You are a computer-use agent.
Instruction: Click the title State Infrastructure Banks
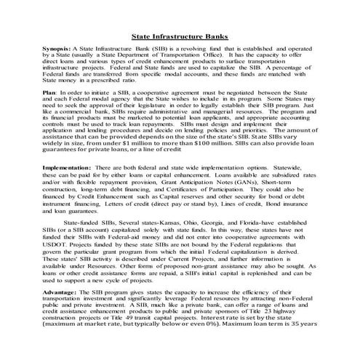click(x=180, y=34)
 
